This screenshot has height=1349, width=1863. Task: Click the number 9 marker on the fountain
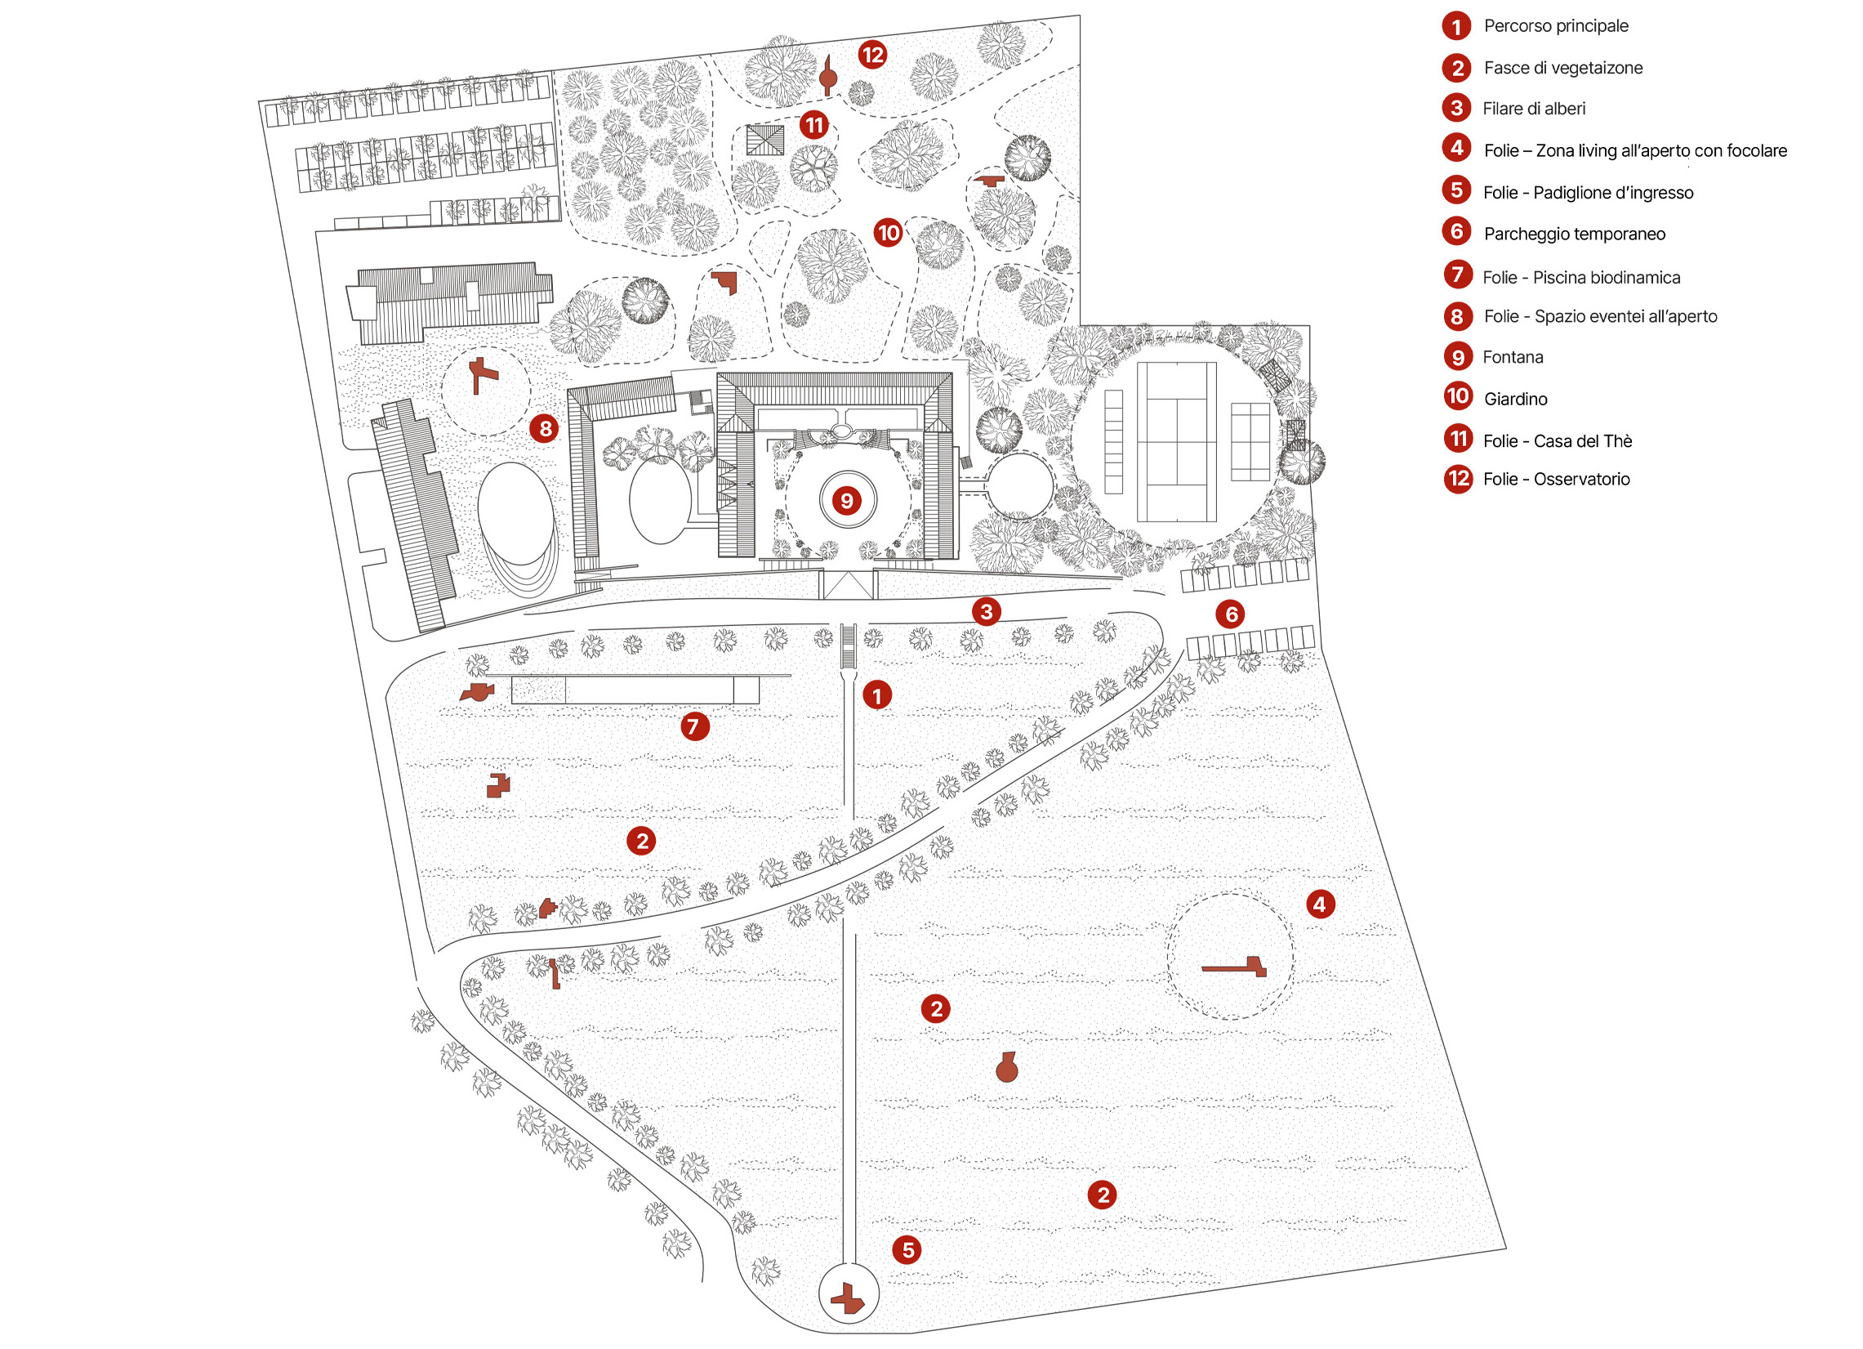click(x=847, y=499)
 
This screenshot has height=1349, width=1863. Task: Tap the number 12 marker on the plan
click(x=872, y=55)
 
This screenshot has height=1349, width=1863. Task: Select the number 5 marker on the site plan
click(x=907, y=1250)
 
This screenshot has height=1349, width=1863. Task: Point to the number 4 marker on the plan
click(x=1320, y=905)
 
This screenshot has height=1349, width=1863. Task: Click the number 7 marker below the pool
click(x=694, y=726)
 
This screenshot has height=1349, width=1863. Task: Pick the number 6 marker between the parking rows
click(x=1232, y=614)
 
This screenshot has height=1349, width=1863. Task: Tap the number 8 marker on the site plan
click(x=545, y=428)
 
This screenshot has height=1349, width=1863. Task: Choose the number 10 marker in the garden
click(x=888, y=234)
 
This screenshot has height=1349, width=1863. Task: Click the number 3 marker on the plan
click(x=987, y=611)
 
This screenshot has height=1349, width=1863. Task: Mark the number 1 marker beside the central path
click(x=877, y=696)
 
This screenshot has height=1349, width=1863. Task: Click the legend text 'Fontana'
click(x=1513, y=357)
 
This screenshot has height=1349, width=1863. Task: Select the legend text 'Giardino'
click(x=1516, y=400)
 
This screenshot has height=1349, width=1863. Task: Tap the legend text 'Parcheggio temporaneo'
click(x=1575, y=235)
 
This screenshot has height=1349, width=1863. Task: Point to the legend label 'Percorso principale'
click(x=1556, y=25)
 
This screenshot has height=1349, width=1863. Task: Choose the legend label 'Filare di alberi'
click(x=1534, y=109)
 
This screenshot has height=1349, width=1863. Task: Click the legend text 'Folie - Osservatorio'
click(x=1557, y=479)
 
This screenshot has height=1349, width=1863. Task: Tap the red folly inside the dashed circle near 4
click(x=1235, y=967)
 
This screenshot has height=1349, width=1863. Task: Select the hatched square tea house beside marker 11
click(x=764, y=141)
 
